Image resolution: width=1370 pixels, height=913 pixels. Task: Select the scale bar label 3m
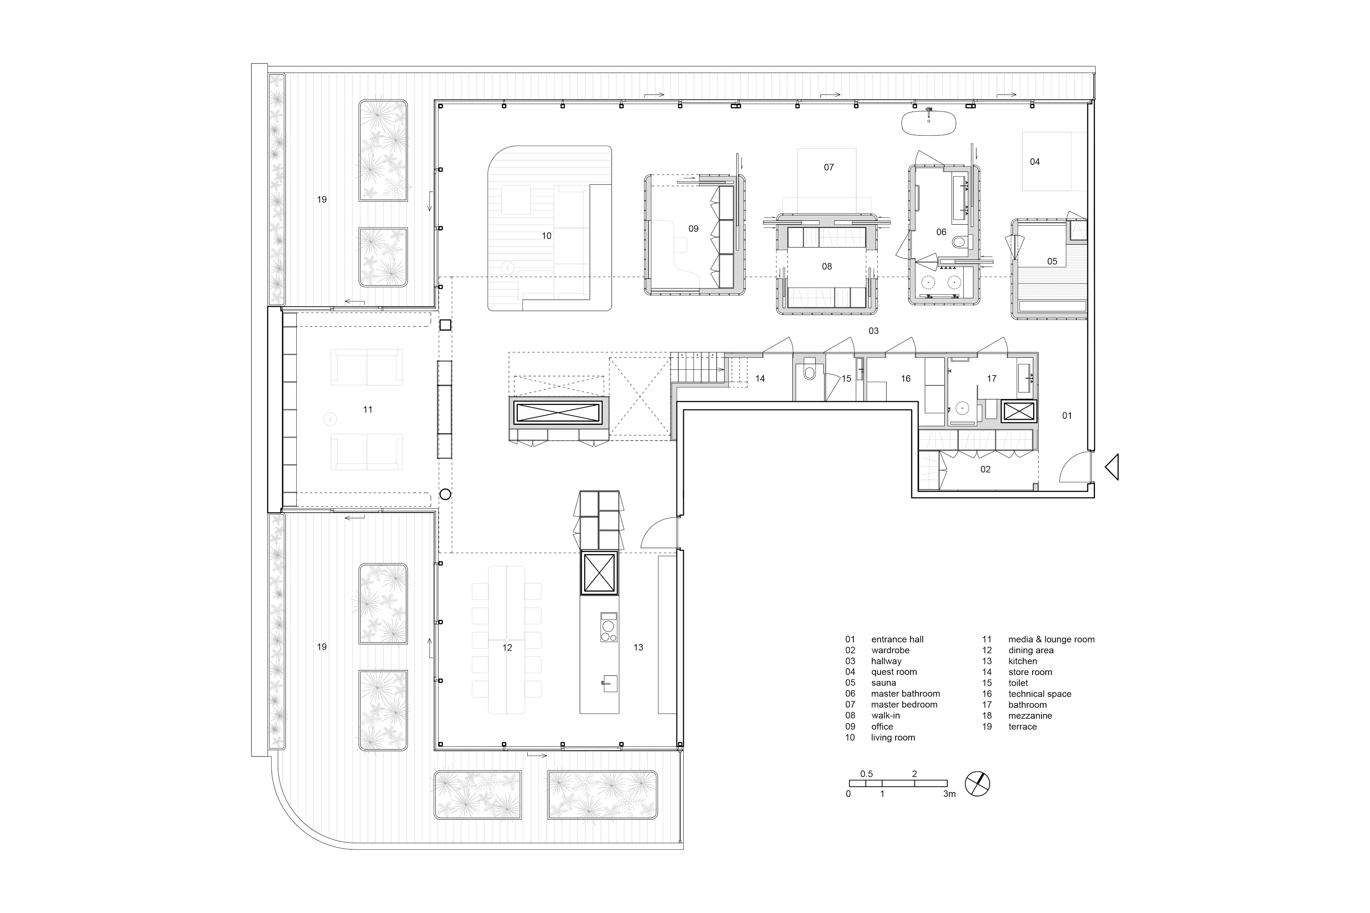coord(949,794)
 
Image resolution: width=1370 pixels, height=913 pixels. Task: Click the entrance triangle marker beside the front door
coord(1111,467)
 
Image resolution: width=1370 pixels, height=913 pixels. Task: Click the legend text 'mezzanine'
coord(1030,716)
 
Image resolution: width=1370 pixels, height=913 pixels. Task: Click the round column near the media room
coord(445,494)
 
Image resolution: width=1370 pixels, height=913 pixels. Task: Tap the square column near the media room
coord(445,325)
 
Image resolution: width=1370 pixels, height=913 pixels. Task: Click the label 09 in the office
coord(693,229)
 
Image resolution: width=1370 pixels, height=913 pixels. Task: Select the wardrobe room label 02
coord(985,469)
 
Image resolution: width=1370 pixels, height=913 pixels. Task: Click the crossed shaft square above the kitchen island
coord(599,572)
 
